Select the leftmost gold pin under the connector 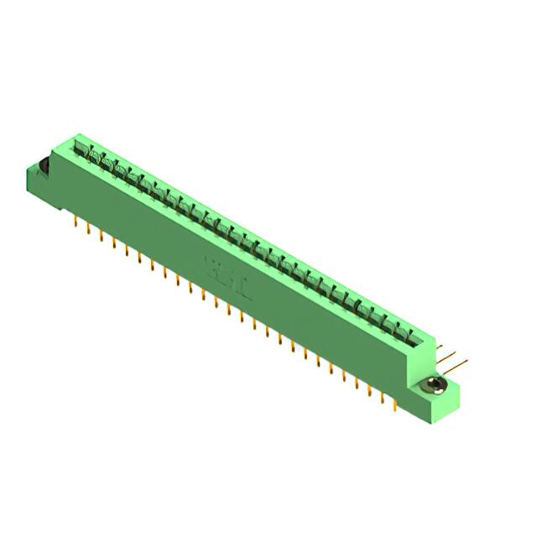coord(76,222)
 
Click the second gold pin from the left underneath coord(89,229)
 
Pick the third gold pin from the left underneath coord(102,237)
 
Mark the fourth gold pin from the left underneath coord(114,243)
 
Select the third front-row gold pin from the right coord(370,387)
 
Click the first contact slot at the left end coord(81,151)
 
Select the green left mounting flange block coord(37,180)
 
